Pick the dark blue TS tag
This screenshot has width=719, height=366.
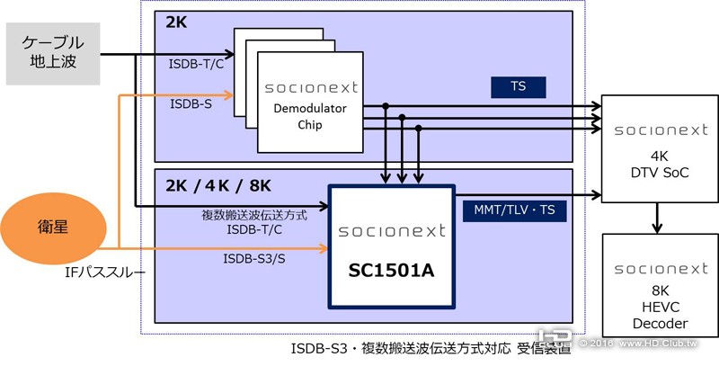click(518, 87)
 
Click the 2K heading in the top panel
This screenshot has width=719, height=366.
click(176, 23)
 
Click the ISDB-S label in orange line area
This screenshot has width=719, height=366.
click(191, 104)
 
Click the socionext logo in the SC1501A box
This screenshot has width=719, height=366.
click(392, 231)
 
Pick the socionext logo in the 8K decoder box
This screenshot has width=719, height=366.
click(660, 269)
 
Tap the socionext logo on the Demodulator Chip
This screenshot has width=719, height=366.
click(311, 88)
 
